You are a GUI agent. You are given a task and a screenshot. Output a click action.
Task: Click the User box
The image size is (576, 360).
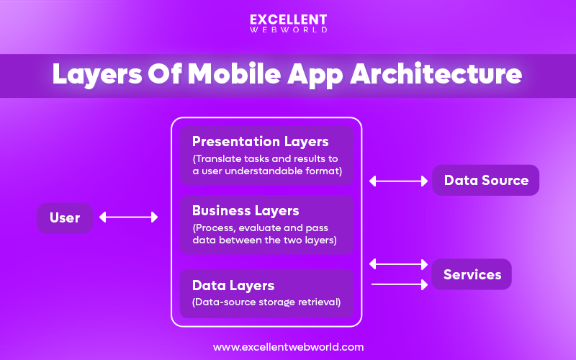[x=65, y=217]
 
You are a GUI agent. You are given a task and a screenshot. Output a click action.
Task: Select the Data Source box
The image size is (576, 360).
[x=485, y=181]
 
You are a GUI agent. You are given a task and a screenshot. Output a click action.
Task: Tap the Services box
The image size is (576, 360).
[x=472, y=274]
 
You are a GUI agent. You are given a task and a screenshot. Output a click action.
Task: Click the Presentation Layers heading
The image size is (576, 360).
[x=260, y=142]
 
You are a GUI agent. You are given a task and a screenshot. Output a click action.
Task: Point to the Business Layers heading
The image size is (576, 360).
[x=245, y=211]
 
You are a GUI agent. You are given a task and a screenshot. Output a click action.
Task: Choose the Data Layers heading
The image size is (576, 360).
[x=233, y=286]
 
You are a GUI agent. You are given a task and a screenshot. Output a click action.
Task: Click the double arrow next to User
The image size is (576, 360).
[x=128, y=217]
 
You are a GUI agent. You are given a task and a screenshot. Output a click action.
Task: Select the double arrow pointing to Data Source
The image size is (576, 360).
[x=397, y=181]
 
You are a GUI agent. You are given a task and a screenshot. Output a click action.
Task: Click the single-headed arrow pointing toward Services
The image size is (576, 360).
[x=399, y=285]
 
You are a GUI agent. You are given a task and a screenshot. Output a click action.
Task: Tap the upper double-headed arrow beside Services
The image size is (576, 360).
[x=397, y=264]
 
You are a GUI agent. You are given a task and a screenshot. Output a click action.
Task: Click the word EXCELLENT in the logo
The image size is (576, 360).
[x=288, y=19]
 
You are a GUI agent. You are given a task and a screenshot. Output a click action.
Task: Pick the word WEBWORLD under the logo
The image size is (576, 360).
[x=288, y=30]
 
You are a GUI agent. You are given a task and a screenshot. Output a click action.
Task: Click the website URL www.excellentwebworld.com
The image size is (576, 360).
[x=288, y=347]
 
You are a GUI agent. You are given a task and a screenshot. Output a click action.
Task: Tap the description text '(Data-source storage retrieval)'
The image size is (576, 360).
[x=266, y=302]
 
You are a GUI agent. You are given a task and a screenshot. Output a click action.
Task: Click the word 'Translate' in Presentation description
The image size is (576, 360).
[x=219, y=158]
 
